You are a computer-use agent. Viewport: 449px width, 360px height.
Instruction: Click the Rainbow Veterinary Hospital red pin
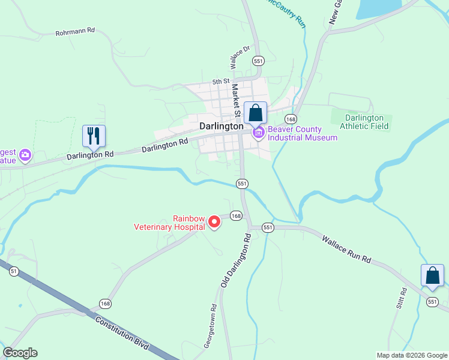[214, 223]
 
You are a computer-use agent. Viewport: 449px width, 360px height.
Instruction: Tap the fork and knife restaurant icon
[93, 136]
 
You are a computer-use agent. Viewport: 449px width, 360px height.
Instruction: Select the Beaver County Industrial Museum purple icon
[259, 133]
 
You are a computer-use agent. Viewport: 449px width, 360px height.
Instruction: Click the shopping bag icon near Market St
[255, 113]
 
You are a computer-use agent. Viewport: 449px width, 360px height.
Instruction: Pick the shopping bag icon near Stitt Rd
[432, 276]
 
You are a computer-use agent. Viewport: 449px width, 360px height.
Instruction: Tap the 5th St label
[221, 81]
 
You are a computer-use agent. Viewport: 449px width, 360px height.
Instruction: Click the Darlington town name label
[221, 127]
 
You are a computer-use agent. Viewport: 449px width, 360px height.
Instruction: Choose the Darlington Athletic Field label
[364, 122]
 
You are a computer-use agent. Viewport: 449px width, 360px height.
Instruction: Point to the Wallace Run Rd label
[346, 250]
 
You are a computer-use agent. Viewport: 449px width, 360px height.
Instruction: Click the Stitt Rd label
[402, 299]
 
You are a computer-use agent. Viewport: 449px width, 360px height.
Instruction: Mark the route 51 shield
[14, 272]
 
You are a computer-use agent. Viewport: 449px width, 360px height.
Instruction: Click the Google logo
[20, 353]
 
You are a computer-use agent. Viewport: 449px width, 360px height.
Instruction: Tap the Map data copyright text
[411, 355]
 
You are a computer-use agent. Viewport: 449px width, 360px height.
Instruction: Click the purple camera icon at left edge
[25, 156]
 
